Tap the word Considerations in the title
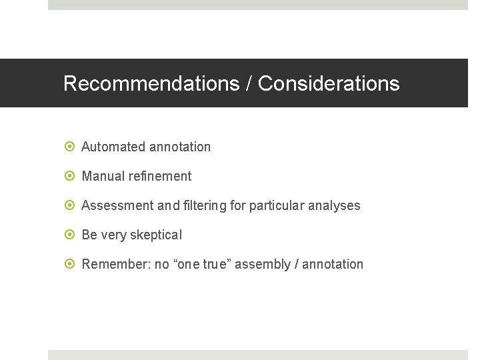click(329, 83)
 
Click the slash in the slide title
click(249, 83)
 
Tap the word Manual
click(102, 176)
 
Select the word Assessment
click(117, 205)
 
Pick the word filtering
click(205, 205)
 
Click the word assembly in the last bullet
click(267, 265)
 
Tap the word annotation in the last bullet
click(333, 264)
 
